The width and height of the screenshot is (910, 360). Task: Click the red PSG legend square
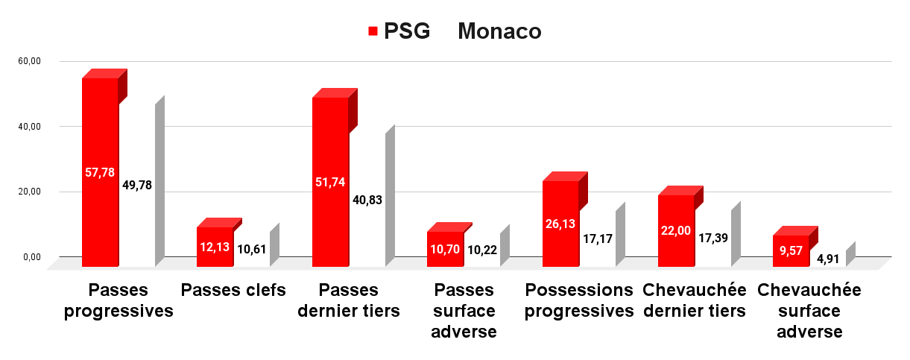click(373, 31)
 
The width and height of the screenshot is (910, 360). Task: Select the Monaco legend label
click(499, 31)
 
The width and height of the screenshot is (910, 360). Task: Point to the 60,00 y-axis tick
click(29, 61)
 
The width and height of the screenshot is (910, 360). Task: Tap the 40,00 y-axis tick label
click(29, 127)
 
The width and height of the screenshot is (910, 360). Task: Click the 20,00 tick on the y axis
click(29, 192)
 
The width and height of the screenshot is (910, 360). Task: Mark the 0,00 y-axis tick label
click(32, 257)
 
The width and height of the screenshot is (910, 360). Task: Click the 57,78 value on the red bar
click(100, 172)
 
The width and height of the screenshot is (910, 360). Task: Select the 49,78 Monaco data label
click(137, 185)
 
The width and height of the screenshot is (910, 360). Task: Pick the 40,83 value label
click(367, 200)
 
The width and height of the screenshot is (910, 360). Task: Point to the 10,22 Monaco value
click(482, 250)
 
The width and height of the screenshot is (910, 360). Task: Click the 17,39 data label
click(713, 238)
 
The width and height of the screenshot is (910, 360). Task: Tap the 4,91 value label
click(828, 259)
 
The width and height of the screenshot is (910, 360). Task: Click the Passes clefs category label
click(233, 290)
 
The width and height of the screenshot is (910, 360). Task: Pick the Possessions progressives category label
click(579, 300)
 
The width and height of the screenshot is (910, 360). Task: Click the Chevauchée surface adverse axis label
click(809, 311)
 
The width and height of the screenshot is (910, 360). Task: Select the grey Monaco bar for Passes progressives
click(160, 181)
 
